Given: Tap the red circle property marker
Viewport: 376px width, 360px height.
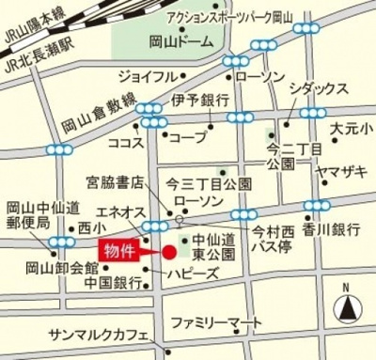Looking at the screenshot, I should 169,252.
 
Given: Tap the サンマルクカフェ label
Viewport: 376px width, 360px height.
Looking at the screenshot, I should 100,336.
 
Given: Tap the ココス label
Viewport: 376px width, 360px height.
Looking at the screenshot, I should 125,143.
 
